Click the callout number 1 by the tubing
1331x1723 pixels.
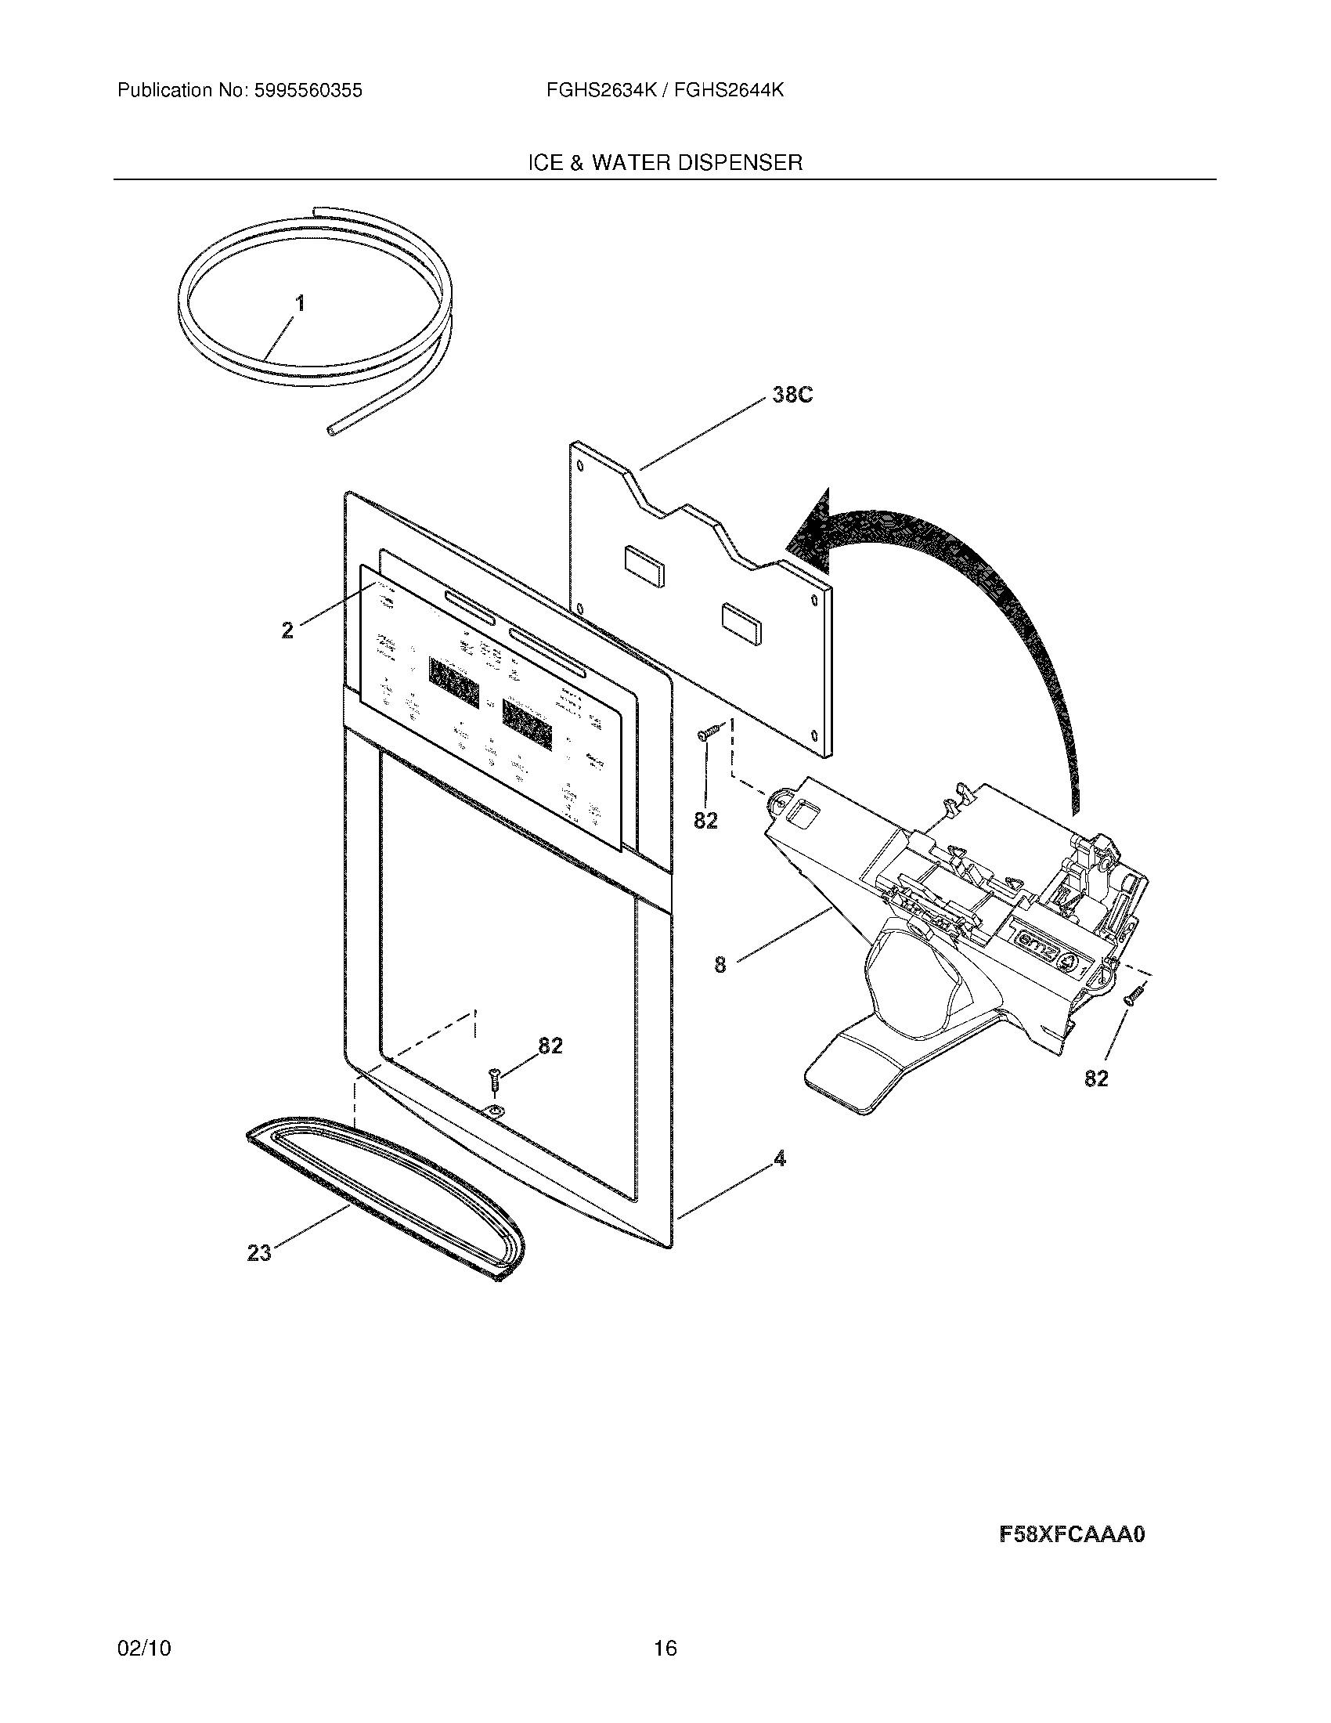(x=300, y=304)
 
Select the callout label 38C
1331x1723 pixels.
(x=792, y=396)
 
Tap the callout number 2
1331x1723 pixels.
(x=288, y=630)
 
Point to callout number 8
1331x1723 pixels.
(x=720, y=964)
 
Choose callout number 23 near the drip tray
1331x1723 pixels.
(x=259, y=1252)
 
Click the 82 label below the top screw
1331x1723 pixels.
(x=705, y=822)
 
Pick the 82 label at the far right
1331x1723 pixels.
(x=1096, y=1078)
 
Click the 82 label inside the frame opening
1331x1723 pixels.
(x=550, y=1046)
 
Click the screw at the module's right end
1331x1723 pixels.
(x=1132, y=996)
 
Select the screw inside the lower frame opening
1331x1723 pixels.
(x=492, y=1077)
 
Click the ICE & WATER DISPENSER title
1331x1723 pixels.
(x=665, y=164)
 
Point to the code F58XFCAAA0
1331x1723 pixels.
(x=1071, y=1535)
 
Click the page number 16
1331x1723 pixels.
(x=665, y=1671)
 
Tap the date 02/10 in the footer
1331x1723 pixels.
(x=143, y=1671)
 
